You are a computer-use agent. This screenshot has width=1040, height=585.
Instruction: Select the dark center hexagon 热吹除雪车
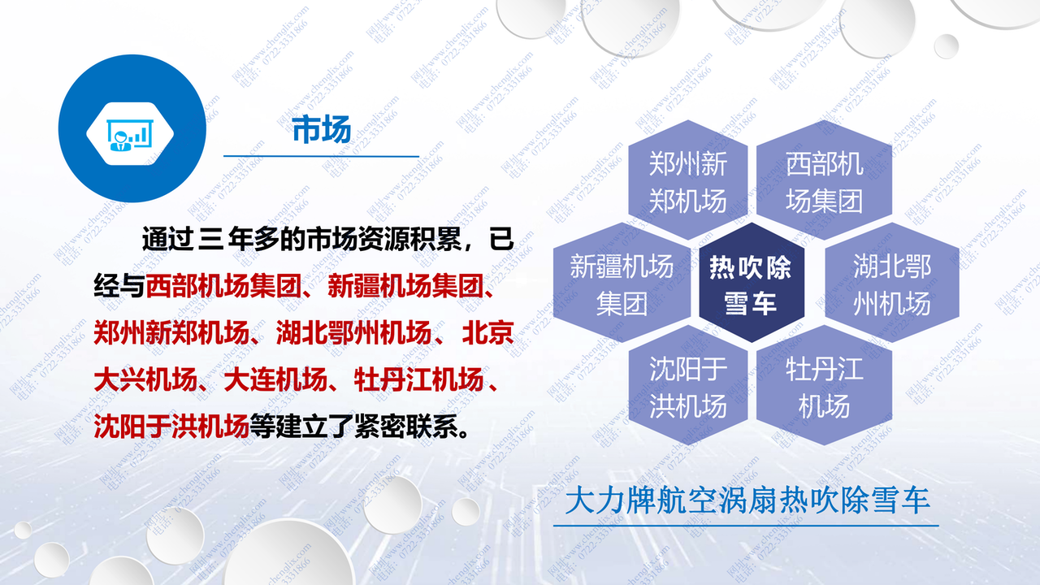coord(750,284)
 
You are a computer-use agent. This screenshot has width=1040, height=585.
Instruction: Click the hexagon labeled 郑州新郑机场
coord(687,182)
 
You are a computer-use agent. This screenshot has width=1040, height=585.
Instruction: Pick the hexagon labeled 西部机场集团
coord(824,182)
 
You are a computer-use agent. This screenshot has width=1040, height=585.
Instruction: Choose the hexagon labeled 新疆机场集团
coord(622,284)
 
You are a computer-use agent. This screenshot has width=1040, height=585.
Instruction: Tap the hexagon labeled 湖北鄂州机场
coord(891,284)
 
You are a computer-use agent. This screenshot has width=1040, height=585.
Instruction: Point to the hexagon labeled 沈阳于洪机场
coord(687,388)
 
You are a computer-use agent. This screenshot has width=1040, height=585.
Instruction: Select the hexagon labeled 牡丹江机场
coord(824,388)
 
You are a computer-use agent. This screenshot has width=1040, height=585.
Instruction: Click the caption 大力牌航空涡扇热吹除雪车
coord(747,500)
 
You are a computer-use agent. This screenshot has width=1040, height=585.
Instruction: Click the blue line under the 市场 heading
coord(320,156)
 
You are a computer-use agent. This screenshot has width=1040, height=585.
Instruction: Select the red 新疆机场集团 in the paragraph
coord(406,286)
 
